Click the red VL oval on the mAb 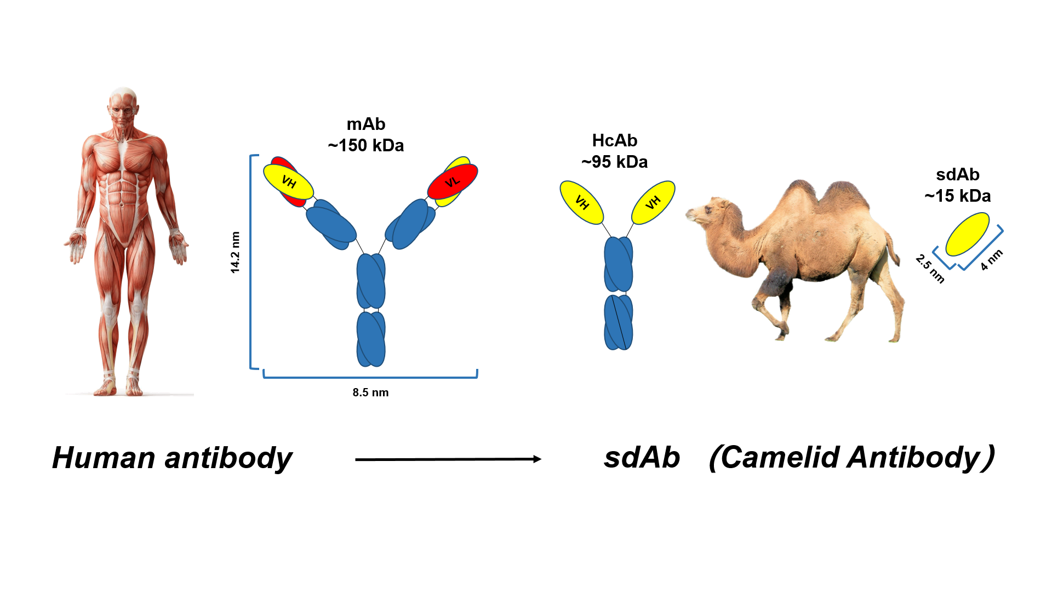point(453,181)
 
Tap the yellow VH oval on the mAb point(288,181)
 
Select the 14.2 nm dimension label point(235,252)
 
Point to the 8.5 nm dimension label point(370,392)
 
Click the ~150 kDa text point(366,146)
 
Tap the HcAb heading point(614,141)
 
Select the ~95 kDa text point(614,162)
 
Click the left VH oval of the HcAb point(581,202)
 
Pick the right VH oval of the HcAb point(653,202)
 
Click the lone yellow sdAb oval point(968,234)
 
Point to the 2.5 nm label point(930,269)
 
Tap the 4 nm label point(992,260)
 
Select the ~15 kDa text point(957,196)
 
